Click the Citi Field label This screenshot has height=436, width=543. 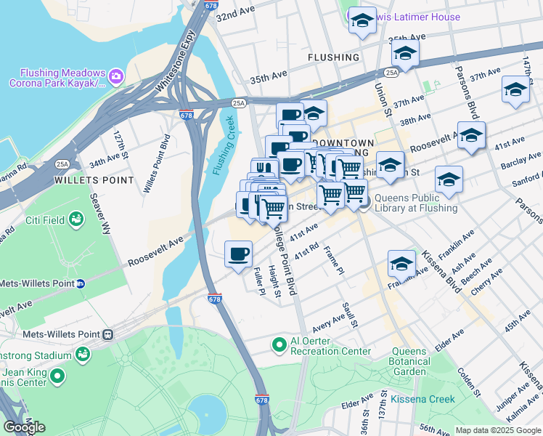click(46, 218)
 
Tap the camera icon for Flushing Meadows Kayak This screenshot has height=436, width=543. click(115, 76)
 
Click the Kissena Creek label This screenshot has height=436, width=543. click(422, 399)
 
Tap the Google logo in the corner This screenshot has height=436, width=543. click(24, 427)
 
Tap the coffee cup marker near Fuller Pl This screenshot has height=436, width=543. click(238, 254)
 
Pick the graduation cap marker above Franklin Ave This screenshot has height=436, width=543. click(401, 264)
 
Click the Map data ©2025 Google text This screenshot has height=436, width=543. click(497, 429)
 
